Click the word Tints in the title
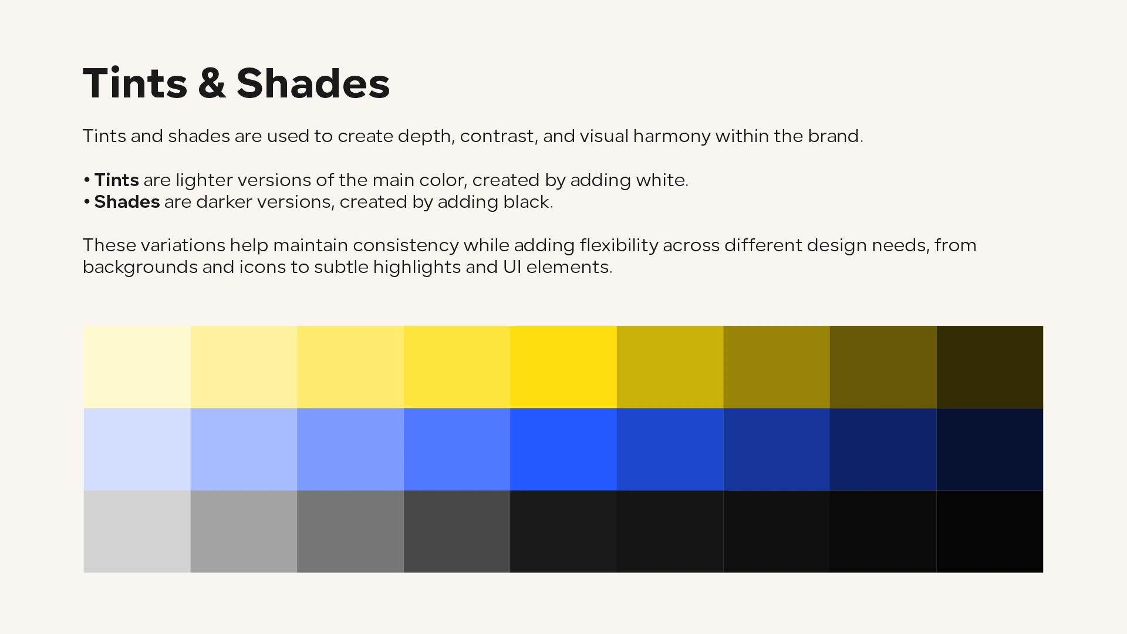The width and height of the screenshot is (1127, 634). [x=135, y=83]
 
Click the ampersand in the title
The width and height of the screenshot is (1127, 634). [x=212, y=83]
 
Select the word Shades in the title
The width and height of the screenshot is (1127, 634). [x=313, y=83]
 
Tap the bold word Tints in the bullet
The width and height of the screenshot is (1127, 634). [x=116, y=180]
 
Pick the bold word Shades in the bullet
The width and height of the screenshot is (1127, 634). [x=127, y=202]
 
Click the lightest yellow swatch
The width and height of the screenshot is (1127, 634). [x=137, y=367]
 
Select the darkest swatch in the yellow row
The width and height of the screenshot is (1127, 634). [x=990, y=367]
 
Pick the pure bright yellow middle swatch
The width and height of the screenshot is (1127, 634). [x=563, y=367]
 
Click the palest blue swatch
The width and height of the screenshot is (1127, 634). [x=137, y=449]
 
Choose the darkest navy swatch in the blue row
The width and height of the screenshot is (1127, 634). [x=990, y=449]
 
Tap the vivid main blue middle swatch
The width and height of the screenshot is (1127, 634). [x=563, y=449]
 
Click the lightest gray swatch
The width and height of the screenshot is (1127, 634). [x=137, y=531]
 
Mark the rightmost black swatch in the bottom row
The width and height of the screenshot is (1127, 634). [x=990, y=531]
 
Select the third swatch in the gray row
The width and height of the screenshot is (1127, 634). [x=350, y=531]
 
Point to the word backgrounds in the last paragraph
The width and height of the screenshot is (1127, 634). [x=140, y=267]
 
